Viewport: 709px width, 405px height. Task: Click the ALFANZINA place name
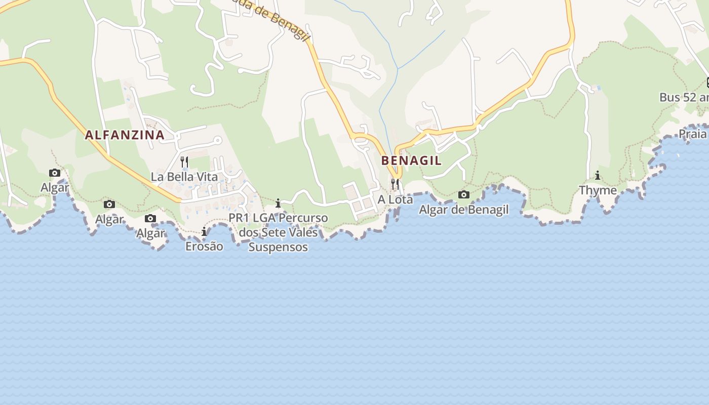[125, 135]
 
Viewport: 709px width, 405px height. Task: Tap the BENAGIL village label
[411, 160]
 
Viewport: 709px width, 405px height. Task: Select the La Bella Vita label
[184, 177]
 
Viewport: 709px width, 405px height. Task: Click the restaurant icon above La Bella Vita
[184, 162]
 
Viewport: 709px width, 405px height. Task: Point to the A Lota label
[395, 199]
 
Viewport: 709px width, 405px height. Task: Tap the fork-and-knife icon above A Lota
[395, 184]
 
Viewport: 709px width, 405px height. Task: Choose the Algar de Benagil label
[463, 209]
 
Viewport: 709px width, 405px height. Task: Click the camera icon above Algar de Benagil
[463, 194]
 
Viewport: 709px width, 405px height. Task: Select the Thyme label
[598, 190]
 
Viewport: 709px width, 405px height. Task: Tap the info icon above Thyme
[598, 176]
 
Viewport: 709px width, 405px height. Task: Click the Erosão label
[204, 247]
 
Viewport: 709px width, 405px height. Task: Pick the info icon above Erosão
[204, 232]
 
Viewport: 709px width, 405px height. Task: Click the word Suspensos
[278, 247]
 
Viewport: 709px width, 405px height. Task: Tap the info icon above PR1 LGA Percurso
[278, 204]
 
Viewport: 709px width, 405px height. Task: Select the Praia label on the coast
[692, 134]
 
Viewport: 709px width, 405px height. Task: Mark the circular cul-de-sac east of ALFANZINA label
[218, 140]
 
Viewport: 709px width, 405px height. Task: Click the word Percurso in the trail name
[303, 218]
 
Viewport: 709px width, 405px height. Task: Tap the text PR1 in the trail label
[239, 218]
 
